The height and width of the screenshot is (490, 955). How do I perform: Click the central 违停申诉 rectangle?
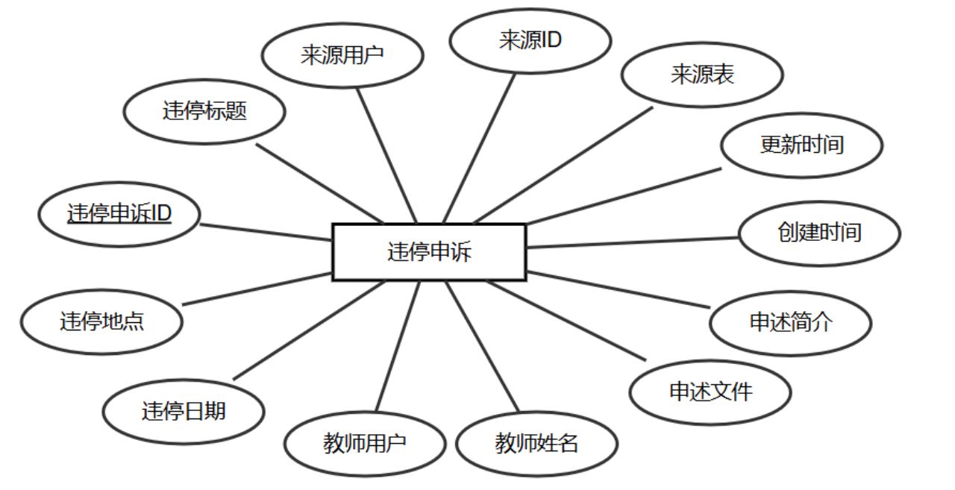coord(429,252)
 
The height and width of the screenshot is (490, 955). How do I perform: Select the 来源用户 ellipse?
coord(343,55)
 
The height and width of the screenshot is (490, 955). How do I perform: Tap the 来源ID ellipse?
coord(530,40)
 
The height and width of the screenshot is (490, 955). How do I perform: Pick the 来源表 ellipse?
coord(702,75)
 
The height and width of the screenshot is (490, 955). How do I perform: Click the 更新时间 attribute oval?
coord(802,144)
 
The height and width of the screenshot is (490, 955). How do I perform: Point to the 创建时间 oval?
coord(819,233)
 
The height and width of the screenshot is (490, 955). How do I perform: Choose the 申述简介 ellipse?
coord(790,322)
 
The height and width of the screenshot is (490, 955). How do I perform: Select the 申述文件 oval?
coord(710,392)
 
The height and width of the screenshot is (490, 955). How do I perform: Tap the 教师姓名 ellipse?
coord(536,444)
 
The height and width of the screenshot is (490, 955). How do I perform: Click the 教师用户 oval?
coord(365,444)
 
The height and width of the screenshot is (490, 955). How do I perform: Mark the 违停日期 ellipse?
coord(184,411)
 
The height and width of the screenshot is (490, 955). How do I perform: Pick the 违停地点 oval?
coord(101,322)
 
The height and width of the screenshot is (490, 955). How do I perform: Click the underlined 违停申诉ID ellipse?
coord(119,214)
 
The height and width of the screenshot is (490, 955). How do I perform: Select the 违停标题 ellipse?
coord(204,112)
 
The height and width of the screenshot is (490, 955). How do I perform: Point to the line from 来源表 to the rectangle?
coord(563,164)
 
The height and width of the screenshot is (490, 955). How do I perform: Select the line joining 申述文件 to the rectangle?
coord(567,320)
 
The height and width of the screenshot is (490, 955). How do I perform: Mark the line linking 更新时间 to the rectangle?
coord(623,195)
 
